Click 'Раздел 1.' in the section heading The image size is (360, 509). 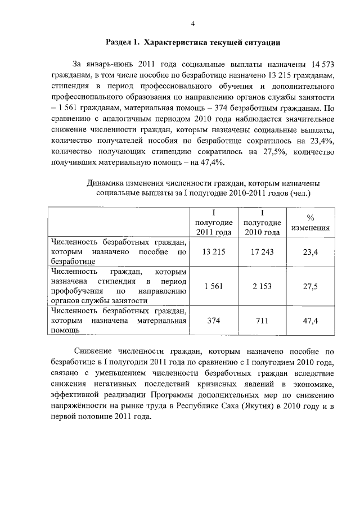click(123, 43)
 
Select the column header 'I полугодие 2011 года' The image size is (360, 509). click(214, 223)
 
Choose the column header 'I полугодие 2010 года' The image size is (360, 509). click(262, 223)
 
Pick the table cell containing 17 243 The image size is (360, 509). click(262, 252)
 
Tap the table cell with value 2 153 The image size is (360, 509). click(262, 286)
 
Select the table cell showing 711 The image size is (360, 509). click(262, 321)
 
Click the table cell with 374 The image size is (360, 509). click(214, 321)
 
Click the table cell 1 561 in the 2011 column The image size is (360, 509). click(214, 286)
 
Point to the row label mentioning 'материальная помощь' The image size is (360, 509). click(118, 321)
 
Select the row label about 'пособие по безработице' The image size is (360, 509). click(118, 252)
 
